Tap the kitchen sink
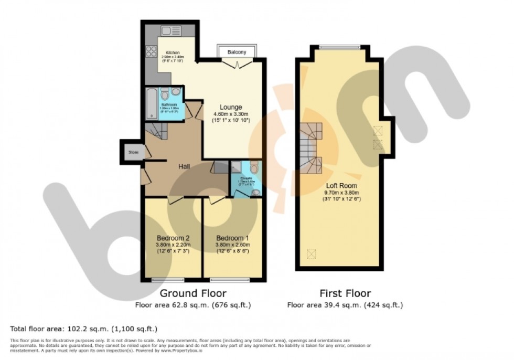click(x=171, y=30)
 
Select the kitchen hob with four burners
click(x=152, y=51)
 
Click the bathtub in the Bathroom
click(x=151, y=102)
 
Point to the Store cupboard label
click(x=133, y=153)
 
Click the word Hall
click(x=184, y=166)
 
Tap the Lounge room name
click(x=231, y=107)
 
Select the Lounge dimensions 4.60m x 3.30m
click(x=231, y=114)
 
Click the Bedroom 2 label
click(x=173, y=238)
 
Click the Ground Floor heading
click(x=193, y=293)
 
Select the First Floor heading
click(x=345, y=293)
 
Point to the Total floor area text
click(x=84, y=329)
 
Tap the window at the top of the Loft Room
click(x=339, y=47)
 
